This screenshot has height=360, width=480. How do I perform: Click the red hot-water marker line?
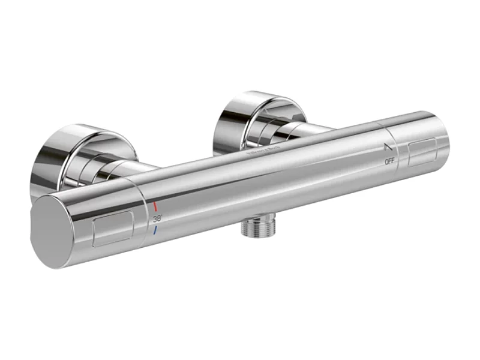[155, 206]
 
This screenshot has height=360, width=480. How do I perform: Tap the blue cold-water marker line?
[155, 230]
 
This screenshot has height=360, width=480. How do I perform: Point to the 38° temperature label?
[158, 218]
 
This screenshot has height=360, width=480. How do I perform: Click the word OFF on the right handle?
[389, 161]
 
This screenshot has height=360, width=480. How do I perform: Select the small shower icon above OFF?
[388, 146]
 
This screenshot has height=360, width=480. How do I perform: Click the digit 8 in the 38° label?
[159, 218]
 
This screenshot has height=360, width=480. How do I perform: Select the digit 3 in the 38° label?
[155, 219]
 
